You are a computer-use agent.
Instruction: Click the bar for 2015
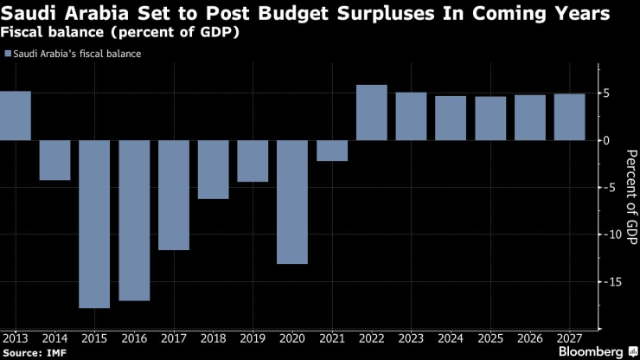coord(94,223)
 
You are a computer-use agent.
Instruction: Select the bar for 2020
coord(292,202)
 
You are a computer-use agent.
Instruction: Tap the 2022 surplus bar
coord(372,112)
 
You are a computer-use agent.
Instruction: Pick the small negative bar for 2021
coord(332,151)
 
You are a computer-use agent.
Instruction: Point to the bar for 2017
coord(174,195)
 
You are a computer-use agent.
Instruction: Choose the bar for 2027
coord(569,117)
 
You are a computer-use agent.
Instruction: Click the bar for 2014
coord(54,160)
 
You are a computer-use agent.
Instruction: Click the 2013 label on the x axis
coord(15,338)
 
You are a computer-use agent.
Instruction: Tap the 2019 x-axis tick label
coord(253,338)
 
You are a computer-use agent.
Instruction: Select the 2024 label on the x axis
coord(451,338)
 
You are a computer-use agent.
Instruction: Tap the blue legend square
coord(8,54)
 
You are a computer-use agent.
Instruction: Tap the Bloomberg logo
coord(592,351)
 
